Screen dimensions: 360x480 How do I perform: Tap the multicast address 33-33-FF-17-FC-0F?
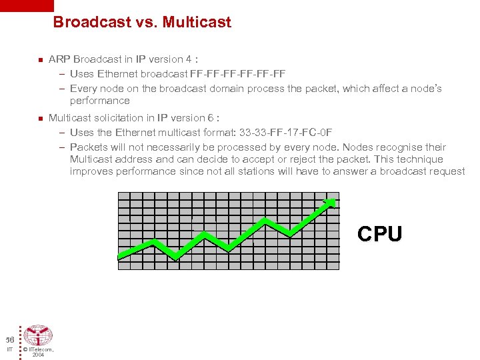(x=287, y=133)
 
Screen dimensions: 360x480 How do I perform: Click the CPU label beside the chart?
(x=379, y=234)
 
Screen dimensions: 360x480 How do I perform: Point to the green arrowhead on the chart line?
(x=330, y=203)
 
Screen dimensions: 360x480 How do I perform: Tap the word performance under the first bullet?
(x=99, y=101)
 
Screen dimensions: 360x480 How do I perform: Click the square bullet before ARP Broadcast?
(x=39, y=60)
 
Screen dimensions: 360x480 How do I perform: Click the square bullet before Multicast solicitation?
(x=39, y=119)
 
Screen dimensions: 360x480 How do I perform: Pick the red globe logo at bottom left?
(x=38, y=335)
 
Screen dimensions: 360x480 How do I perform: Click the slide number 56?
(x=10, y=339)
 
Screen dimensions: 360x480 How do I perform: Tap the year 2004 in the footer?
(x=38, y=355)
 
